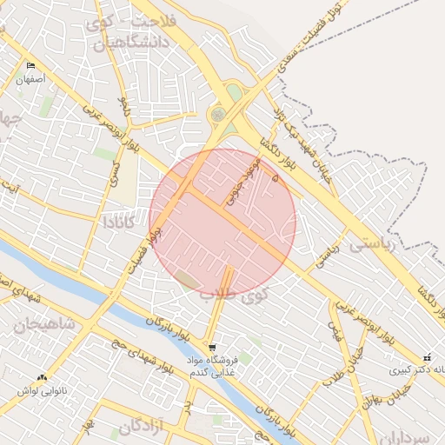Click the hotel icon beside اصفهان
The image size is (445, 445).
[31, 66]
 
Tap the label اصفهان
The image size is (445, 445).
[30, 79]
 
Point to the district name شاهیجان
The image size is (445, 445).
[43, 324]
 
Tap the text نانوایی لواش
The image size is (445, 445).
[43, 390]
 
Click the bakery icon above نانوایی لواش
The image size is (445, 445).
[42, 376]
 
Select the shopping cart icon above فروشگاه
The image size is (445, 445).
[213, 347]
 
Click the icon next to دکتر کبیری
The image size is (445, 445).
[427, 357]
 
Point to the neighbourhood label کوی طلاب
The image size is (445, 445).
[235, 294]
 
